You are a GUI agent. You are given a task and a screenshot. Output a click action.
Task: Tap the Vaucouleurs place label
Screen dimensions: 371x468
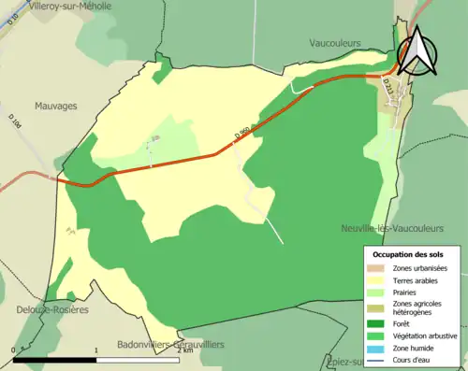point(336,43)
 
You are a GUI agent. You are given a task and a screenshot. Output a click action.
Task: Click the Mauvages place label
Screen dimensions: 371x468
point(55,107)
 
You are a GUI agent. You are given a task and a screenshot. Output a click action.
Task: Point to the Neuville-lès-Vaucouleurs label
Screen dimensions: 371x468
point(392,228)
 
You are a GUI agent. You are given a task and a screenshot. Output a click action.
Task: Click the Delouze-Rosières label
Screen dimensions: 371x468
point(51,309)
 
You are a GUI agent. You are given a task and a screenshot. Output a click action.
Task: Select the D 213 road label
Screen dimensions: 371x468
point(388,85)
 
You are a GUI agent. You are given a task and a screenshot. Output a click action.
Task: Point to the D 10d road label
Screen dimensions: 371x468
point(15,121)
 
